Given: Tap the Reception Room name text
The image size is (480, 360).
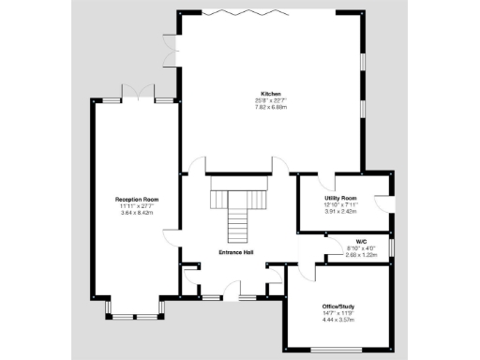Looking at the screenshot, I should [137, 200].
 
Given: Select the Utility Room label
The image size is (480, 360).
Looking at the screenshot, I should [341, 199].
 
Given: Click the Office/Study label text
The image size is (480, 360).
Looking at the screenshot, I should [339, 307].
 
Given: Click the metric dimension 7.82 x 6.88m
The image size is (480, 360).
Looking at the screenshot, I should [270, 107].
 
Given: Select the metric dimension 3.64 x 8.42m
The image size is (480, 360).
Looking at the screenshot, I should [137, 213].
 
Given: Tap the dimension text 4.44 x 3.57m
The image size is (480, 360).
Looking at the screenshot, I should [339, 320].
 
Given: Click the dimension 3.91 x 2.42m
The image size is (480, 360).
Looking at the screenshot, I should [341, 211].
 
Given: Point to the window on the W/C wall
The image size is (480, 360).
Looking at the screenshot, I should [391, 246].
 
